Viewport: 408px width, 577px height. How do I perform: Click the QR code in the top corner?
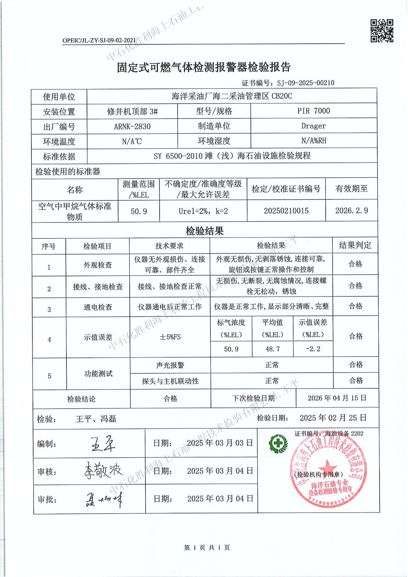pyautogui.click(x=382, y=31)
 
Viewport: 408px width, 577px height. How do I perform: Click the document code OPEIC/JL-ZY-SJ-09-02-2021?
pyautogui.click(x=99, y=40)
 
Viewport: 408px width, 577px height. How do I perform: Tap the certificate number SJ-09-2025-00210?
pyautogui.click(x=305, y=83)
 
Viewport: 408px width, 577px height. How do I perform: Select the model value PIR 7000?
pyautogui.click(x=313, y=111)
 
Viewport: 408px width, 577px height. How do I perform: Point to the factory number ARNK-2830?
pyautogui.click(x=132, y=127)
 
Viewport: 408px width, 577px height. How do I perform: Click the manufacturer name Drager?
pyautogui.click(x=313, y=126)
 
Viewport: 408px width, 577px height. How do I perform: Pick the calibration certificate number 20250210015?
pyautogui.click(x=286, y=211)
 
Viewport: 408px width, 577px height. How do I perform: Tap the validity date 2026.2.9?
pyautogui.click(x=351, y=211)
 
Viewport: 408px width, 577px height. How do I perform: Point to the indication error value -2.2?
pyautogui.click(x=313, y=349)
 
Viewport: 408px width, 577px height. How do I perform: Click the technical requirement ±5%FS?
pyautogui.click(x=170, y=337)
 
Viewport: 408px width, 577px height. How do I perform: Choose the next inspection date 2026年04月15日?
pyautogui.click(x=337, y=398)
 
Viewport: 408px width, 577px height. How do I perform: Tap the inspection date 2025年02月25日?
pyautogui.click(x=333, y=418)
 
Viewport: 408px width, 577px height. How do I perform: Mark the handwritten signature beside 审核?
pyautogui.click(x=103, y=470)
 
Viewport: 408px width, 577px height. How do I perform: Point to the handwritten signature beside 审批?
pyautogui.click(x=104, y=499)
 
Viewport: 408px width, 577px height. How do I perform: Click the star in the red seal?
pyautogui.click(x=327, y=465)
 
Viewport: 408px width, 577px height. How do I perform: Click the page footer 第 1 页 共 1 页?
pyautogui.click(x=207, y=548)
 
